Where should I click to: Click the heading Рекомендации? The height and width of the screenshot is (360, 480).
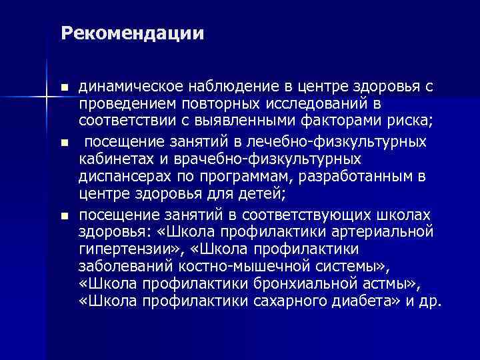coord(131,33)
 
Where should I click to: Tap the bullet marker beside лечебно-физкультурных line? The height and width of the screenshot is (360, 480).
coord(64,143)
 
